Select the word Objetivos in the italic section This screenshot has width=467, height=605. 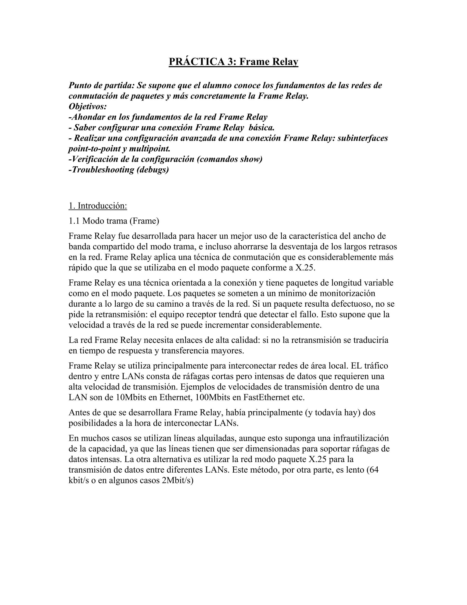click(87, 106)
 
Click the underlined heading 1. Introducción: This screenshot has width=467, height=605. click(98, 206)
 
